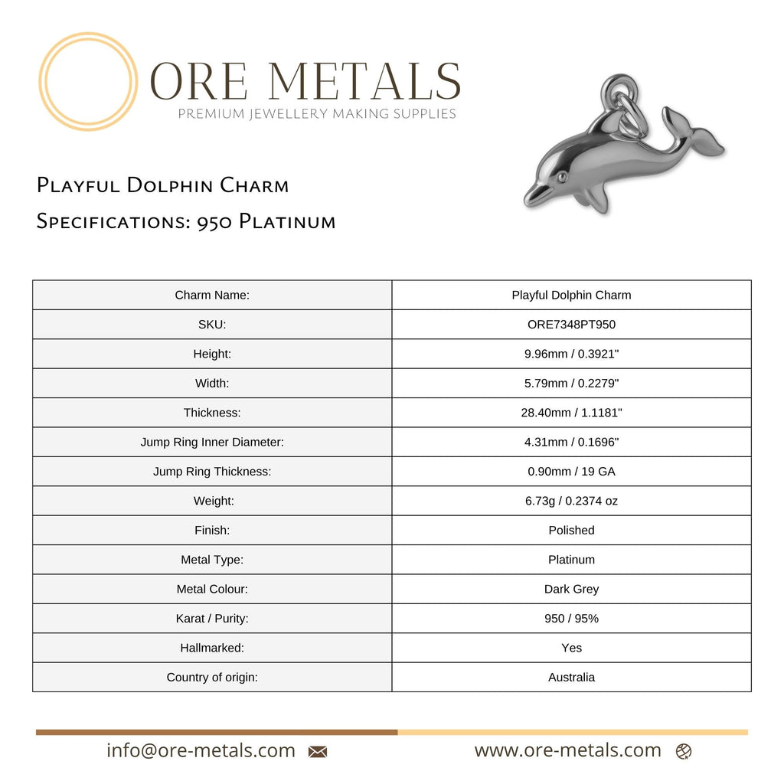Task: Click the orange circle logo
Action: [x=88, y=81]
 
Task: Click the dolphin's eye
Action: [x=563, y=178]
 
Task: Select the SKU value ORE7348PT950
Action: [x=571, y=325]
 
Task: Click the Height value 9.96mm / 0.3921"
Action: [x=571, y=354]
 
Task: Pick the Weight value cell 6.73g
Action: [x=571, y=501]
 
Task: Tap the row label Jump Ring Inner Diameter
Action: [x=212, y=442]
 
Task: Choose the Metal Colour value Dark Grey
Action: [x=571, y=589]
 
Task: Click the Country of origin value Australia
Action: [x=571, y=677]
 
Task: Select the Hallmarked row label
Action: [x=212, y=648]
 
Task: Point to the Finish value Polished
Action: [x=571, y=530]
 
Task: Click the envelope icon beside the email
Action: [x=318, y=752]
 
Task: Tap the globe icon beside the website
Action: [x=684, y=752]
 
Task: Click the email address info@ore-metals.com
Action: [x=201, y=750]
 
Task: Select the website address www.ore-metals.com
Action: [x=567, y=750]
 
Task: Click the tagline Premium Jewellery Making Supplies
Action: [x=317, y=114]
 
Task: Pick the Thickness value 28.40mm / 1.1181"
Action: [x=571, y=413]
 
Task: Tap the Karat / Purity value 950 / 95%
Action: [x=571, y=618]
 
